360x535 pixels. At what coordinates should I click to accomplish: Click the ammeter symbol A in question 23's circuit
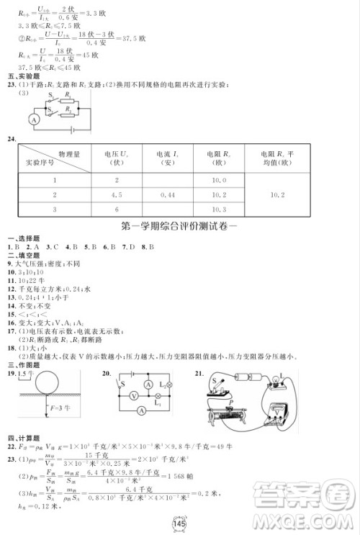(34, 120)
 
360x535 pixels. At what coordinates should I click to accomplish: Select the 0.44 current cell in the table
(166, 194)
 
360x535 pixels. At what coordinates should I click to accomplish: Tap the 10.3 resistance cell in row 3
(220, 209)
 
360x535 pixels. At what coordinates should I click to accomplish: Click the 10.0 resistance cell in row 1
(220, 180)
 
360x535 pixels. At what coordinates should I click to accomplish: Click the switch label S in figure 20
(122, 374)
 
